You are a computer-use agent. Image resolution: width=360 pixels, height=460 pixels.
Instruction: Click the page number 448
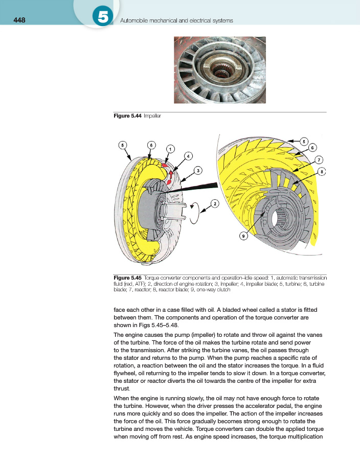pyautogui.click(x=19, y=20)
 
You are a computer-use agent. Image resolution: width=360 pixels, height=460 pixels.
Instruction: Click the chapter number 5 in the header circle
pyautogui.click(x=103, y=17)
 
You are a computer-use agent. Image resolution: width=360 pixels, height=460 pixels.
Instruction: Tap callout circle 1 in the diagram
pyautogui.click(x=171, y=149)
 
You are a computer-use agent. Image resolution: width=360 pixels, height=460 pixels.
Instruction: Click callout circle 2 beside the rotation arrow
pyautogui.click(x=215, y=204)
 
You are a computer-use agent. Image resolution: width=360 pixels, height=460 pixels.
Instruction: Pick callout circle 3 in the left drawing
pyautogui.click(x=197, y=170)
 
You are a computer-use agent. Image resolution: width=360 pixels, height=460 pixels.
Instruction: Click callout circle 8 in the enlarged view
pyautogui.click(x=322, y=172)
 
